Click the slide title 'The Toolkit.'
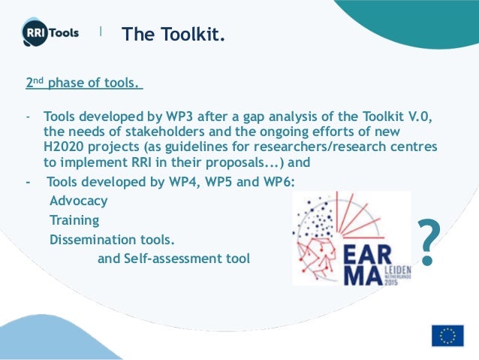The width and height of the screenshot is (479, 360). (173, 34)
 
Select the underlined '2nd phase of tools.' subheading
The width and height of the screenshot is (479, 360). (84, 83)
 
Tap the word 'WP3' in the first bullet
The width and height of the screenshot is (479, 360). (166, 118)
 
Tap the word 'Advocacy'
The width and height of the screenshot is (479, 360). (78, 201)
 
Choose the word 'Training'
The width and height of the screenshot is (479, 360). (74, 221)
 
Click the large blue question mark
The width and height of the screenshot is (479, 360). (427, 243)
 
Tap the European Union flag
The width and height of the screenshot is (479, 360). (447, 335)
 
